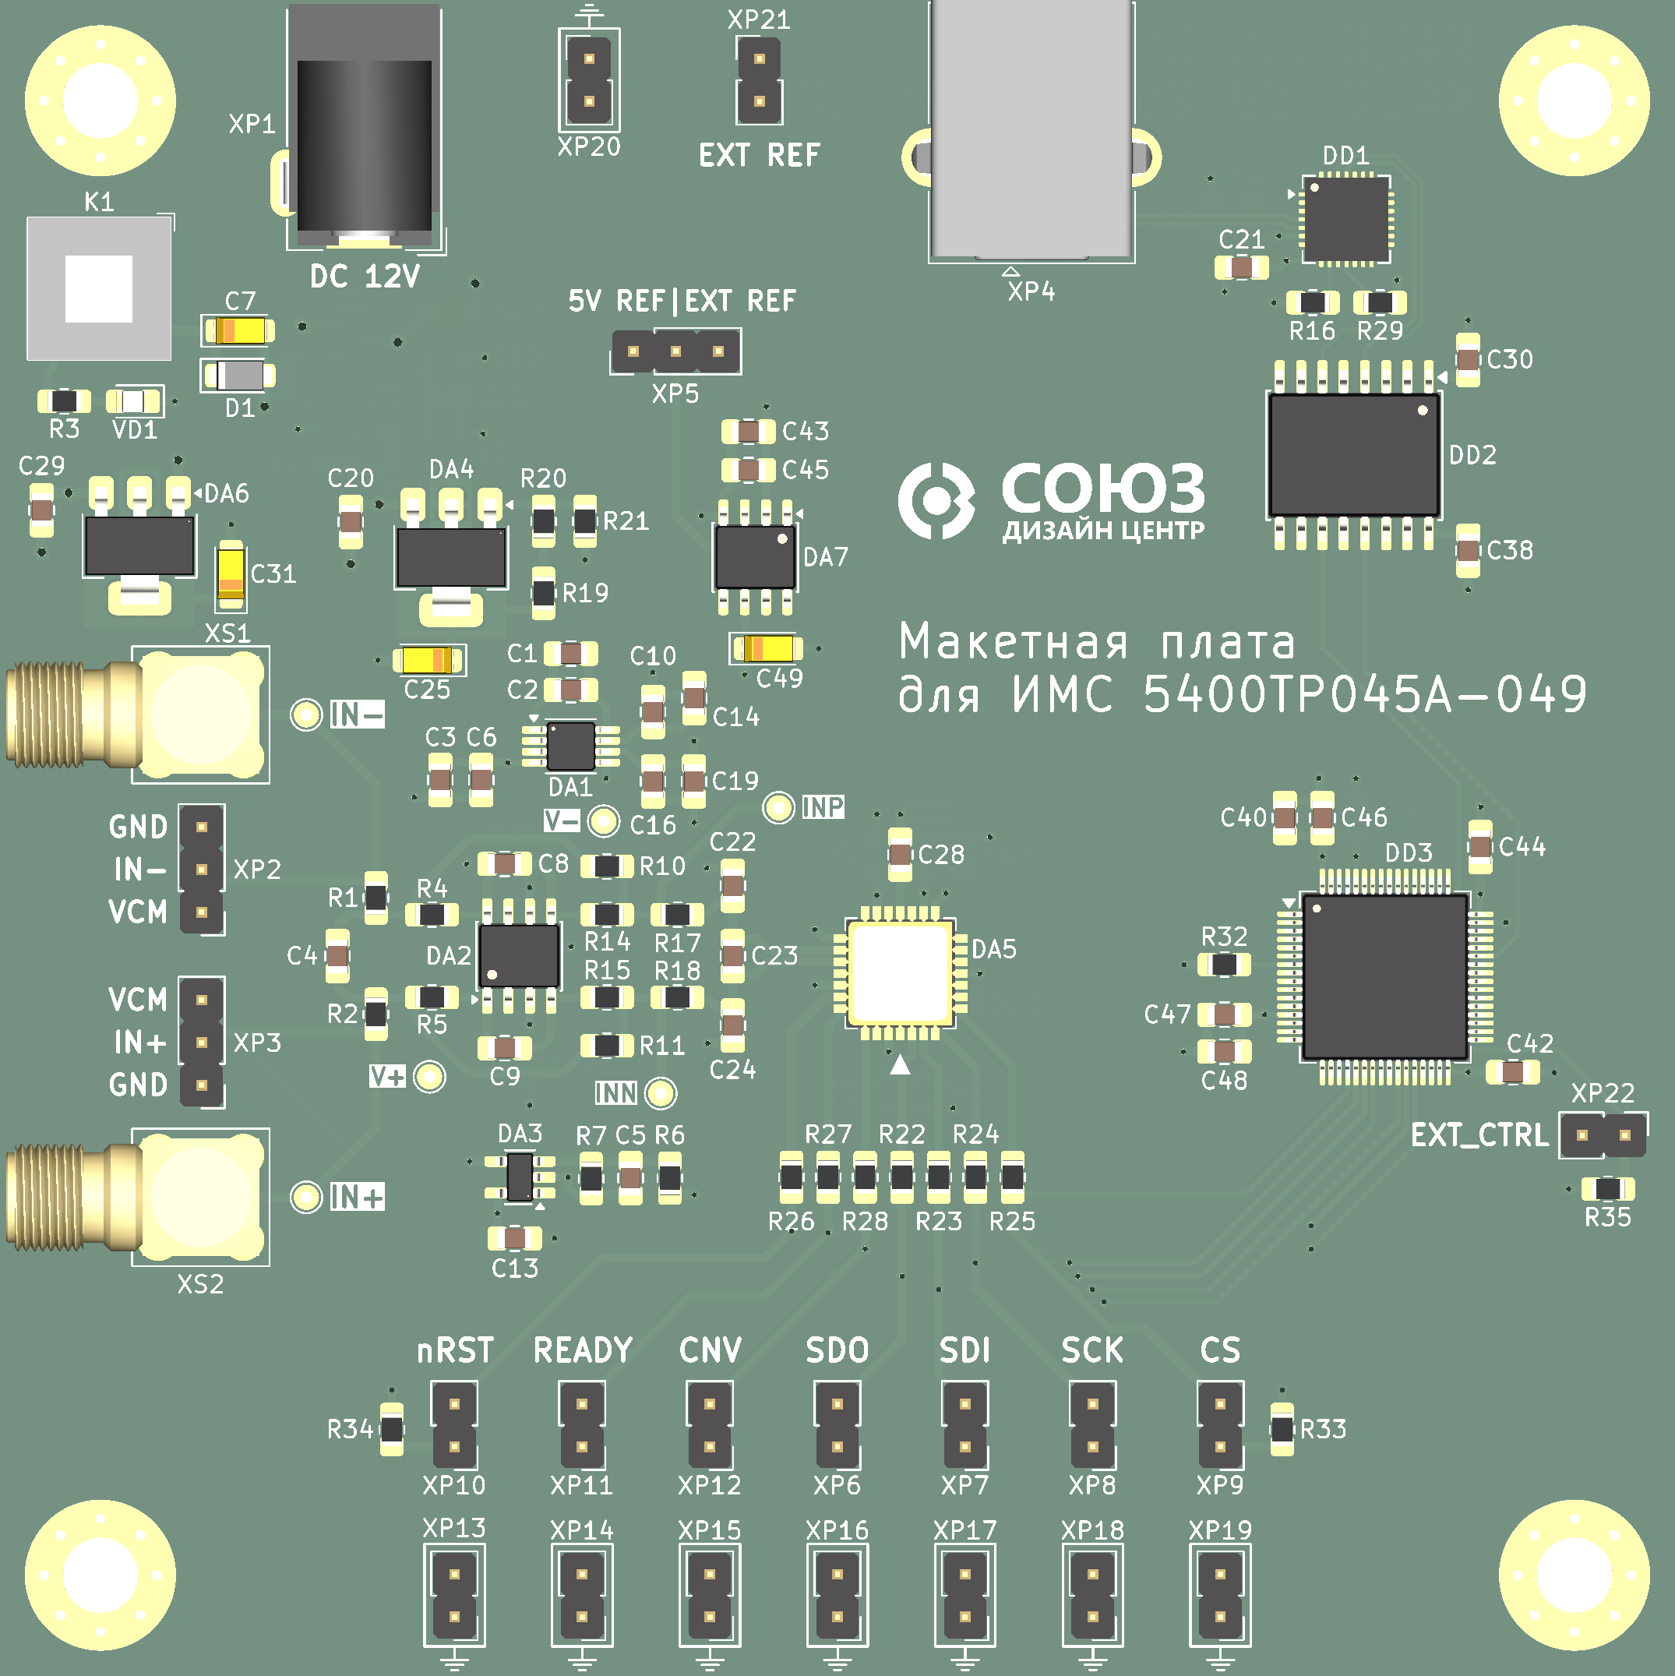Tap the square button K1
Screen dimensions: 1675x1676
click(99, 288)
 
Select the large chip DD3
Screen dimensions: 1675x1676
click(1384, 977)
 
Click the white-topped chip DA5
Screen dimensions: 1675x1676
click(900, 972)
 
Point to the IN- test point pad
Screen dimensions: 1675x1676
click(305, 714)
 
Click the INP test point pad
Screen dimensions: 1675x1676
click(778, 808)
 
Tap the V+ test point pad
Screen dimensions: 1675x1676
click(429, 1077)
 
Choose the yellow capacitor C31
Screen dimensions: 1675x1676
click(231, 573)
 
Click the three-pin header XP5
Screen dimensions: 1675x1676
click(675, 351)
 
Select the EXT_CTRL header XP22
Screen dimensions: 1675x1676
click(1603, 1134)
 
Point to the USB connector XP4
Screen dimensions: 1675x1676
click(1031, 130)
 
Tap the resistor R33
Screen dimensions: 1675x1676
click(1282, 1429)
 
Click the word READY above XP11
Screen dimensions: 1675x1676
click(583, 1350)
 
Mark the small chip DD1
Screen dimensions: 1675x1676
click(1346, 220)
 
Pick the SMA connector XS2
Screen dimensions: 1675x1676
click(137, 1197)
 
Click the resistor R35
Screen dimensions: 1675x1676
click(1607, 1188)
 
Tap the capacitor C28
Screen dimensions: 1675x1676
click(901, 855)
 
